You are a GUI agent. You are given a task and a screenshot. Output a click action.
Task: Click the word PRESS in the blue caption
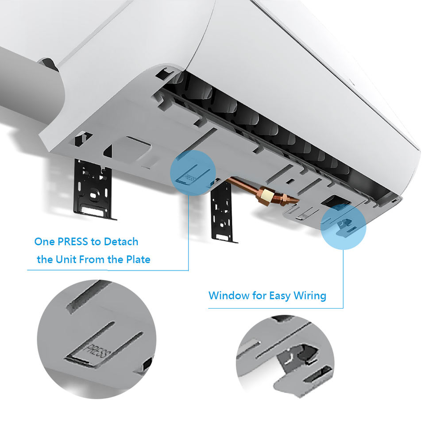click(x=73, y=242)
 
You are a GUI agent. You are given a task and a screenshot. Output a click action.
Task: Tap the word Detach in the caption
click(x=121, y=242)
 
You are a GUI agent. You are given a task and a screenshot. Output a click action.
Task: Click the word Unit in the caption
click(x=66, y=259)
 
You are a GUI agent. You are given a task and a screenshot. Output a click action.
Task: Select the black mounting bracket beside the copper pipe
click(x=222, y=212)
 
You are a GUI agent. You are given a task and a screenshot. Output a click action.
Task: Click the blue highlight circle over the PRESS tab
click(x=193, y=173)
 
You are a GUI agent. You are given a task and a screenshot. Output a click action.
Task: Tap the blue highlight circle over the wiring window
click(x=343, y=227)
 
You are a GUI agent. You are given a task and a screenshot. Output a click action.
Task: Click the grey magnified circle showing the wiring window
click(x=285, y=357)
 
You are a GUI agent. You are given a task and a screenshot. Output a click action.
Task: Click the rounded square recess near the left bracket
click(x=132, y=149)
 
